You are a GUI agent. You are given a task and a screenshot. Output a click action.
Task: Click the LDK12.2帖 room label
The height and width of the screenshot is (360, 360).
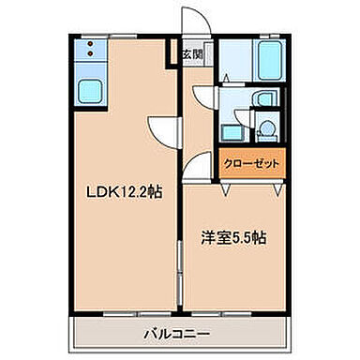[x=122, y=192]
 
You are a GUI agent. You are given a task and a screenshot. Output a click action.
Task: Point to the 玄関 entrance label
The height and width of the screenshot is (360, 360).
[x=189, y=53]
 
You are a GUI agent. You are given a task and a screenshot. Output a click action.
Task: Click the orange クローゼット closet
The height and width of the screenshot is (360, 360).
[x=250, y=163]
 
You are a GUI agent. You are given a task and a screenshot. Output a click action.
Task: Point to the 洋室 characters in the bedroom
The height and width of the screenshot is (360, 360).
[x=214, y=237]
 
